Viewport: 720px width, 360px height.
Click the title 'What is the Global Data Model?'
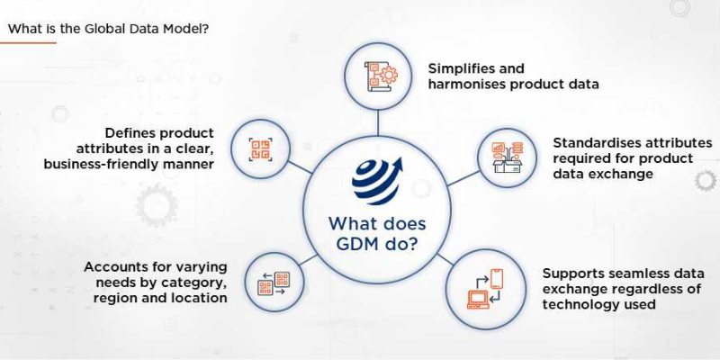tap(109, 29)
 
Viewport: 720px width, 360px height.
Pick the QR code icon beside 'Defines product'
tap(260, 149)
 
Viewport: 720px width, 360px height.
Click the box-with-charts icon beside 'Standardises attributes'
tap(507, 157)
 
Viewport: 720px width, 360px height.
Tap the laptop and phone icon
tap(485, 289)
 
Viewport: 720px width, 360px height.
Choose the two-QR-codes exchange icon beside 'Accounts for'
tap(274, 283)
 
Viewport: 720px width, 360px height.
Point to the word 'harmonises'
tap(469, 85)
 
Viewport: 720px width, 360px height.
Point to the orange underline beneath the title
tap(28, 42)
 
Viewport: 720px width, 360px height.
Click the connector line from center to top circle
tap(378, 123)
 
